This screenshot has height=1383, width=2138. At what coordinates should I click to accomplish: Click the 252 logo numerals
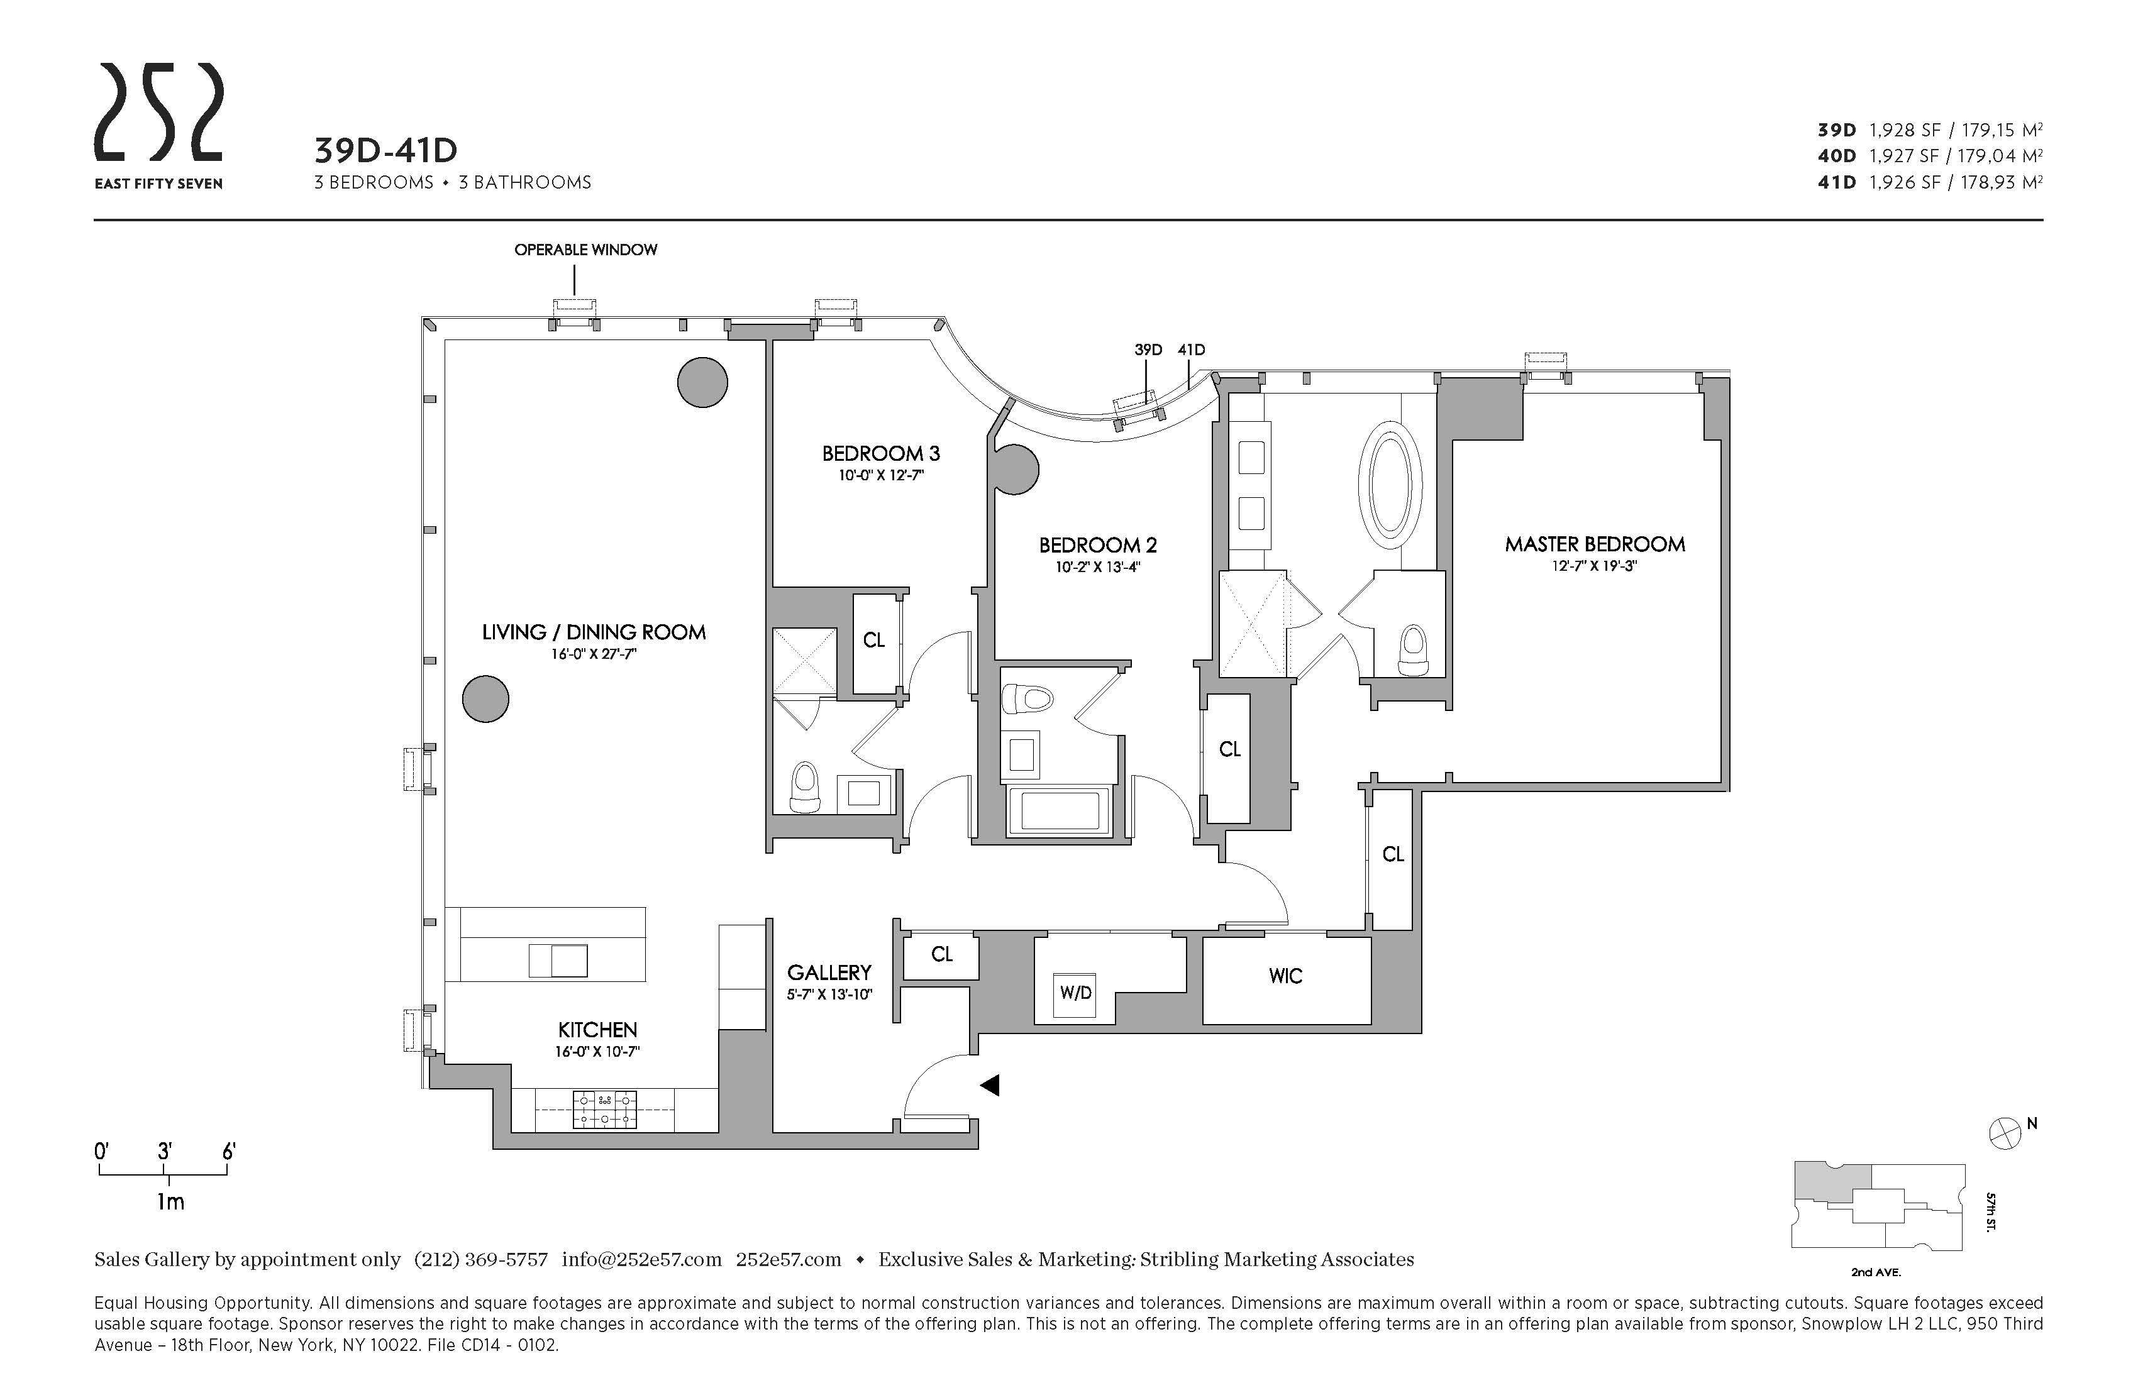159,113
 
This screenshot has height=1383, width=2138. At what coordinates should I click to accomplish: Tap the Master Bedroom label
1595,544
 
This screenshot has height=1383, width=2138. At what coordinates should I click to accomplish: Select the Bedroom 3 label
880,453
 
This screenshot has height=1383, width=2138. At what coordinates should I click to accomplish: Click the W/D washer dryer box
1075,993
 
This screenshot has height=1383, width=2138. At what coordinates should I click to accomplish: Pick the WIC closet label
1285,977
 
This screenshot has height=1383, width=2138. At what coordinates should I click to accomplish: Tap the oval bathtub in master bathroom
1390,485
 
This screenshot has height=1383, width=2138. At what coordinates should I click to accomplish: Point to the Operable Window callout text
585,250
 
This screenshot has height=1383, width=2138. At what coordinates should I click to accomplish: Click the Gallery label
829,973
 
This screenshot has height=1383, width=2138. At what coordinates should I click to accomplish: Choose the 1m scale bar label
170,1201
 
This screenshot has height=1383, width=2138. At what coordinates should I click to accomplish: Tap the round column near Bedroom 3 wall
702,383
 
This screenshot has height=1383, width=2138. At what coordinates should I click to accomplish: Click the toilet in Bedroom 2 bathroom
1027,698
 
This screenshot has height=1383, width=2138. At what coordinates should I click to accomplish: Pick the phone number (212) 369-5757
480,1259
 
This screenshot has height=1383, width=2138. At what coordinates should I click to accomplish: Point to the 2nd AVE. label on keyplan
1876,1272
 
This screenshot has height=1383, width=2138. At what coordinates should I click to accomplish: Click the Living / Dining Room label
594,632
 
